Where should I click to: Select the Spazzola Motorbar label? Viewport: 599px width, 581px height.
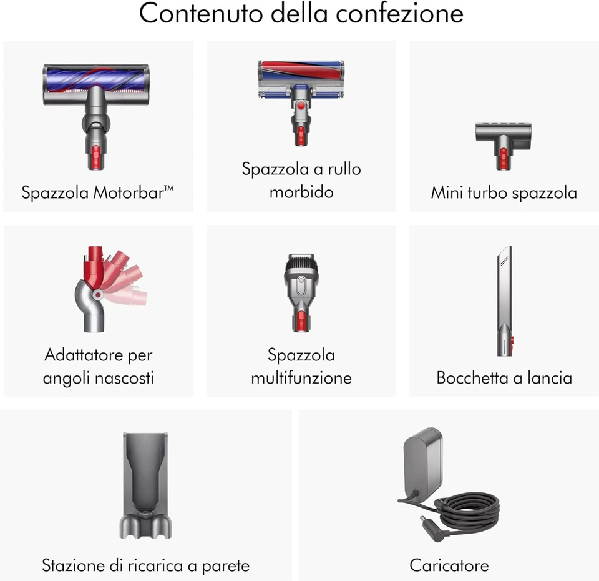coord(97,192)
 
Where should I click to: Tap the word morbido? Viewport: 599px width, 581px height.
coord(301,192)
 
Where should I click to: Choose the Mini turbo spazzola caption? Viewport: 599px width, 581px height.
coord(504,192)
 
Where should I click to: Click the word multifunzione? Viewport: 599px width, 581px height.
coord(301,378)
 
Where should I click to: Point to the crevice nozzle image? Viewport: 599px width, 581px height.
coord(504,300)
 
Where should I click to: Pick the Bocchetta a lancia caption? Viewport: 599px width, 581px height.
coord(504,378)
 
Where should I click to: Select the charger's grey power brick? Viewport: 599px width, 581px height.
coord(422,460)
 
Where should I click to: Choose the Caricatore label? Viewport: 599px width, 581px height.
coord(449,566)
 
